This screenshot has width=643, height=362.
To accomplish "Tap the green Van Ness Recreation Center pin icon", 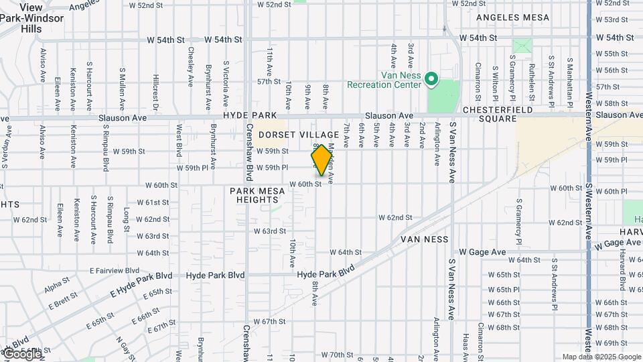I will [431, 80].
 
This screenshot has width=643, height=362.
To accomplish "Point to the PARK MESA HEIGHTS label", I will [257, 196].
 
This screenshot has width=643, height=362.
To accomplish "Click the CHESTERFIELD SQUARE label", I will [498, 114].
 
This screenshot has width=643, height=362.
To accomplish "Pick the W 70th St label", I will [337, 355].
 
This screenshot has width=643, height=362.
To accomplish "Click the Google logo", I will [21, 354].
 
